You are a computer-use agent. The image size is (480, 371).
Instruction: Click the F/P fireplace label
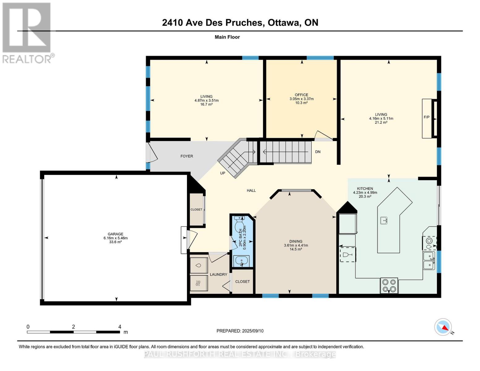pyautogui.click(x=426, y=117)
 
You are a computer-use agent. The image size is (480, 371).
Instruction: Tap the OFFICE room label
pyautogui.click(x=301, y=95)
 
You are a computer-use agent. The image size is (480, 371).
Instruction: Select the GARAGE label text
pyautogui.click(x=115, y=234)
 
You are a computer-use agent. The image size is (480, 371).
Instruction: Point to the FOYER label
pyautogui.click(x=187, y=156)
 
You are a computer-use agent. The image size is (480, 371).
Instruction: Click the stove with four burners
pyautogui.click(x=389, y=285)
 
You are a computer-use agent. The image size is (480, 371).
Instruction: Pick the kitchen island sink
pyautogui.click(x=384, y=220)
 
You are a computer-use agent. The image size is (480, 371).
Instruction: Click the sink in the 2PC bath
pyautogui.click(x=241, y=261)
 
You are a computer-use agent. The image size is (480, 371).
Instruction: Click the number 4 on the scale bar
pyautogui.click(x=120, y=326)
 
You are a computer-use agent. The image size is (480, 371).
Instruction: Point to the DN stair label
pyautogui.click(x=318, y=152)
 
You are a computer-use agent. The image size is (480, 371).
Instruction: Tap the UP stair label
pyautogui.click(x=223, y=173)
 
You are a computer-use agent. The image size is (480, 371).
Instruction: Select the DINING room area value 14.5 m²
pyautogui.click(x=296, y=249)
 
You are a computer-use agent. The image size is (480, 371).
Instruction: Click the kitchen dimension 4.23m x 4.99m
pyautogui.click(x=365, y=193)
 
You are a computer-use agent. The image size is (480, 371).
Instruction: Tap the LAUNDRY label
pyautogui.click(x=219, y=275)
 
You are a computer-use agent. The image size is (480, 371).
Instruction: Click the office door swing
pyautogui.click(x=323, y=135)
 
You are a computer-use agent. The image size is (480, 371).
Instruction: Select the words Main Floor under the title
pyautogui.click(x=227, y=37)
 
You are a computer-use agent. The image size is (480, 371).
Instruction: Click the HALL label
pyautogui.click(x=251, y=190)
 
